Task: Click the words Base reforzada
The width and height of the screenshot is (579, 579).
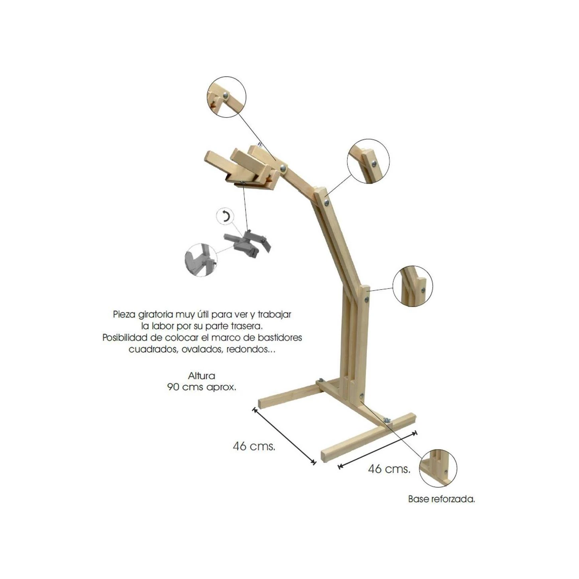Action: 441,499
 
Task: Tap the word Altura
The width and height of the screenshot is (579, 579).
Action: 202,376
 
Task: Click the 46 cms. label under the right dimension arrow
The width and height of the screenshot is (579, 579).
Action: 389,469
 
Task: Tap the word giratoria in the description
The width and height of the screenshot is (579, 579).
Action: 155,315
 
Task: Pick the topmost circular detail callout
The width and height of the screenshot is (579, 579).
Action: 226,97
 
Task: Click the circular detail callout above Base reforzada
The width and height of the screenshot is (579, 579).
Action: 438,468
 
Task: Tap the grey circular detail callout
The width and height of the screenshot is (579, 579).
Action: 201,260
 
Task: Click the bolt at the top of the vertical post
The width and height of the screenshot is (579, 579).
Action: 367,299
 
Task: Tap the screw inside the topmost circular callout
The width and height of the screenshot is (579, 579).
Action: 225,95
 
